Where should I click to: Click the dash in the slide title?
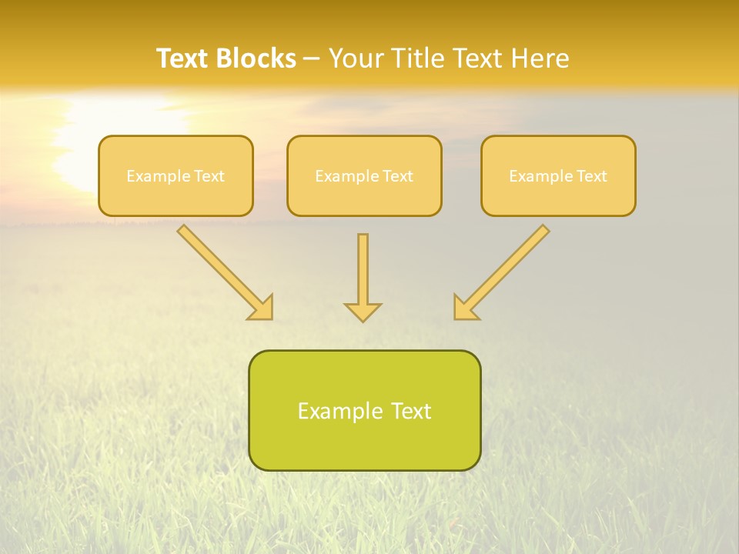pyautogui.click(x=312, y=59)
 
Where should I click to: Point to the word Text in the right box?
pyautogui.click(x=591, y=176)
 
